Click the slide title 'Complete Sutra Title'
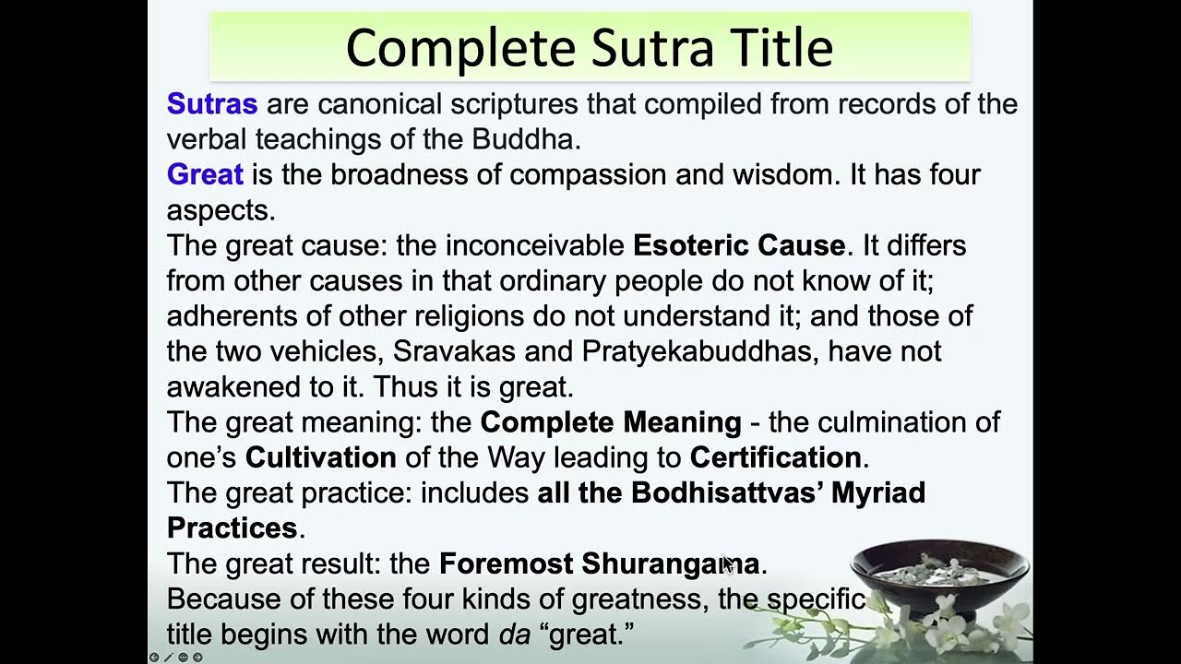tap(589, 48)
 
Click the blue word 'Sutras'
tap(211, 104)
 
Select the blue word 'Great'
tap(205, 174)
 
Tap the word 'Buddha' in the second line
tap(524, 139)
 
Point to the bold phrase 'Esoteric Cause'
tap(738, 245)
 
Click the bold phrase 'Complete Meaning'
tap(611, 422)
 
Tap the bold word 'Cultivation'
tap(320, 457)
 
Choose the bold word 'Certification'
tap(775, 457)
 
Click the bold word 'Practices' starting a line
tap(233, 528)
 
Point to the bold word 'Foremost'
tap(498, 563)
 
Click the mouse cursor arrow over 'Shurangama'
tap(727, 563)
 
